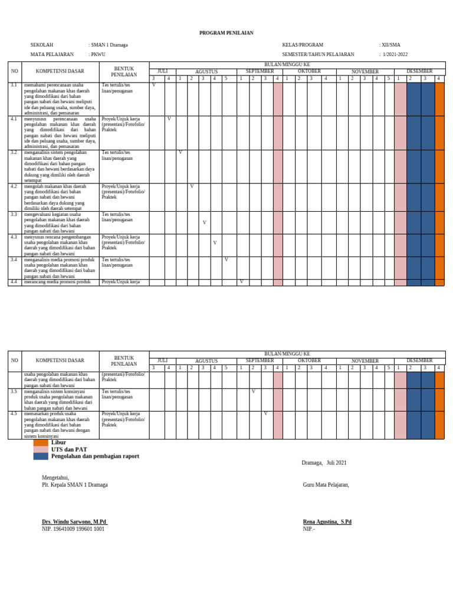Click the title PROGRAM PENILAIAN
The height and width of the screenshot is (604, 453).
pyautogui.click(x=226, y=33)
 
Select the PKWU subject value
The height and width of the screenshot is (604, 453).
pyautogui.click(x=98, y=54)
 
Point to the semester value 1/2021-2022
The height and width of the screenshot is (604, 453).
pyautogui.click(x=395, y=54)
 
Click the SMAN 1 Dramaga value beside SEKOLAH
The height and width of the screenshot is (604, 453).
pyautogui.click(x=109, y=45)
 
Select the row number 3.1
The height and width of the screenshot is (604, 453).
pyautogui.click(x=14, y=86)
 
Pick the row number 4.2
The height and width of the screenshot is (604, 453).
pyautogui.click(x=14, y=186)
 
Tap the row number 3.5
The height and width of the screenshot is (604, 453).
pyautogui.click(x=14, y=391)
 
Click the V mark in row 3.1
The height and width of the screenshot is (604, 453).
pyautogui.click(x=154, y=86)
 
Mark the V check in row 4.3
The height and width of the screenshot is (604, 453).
pyautogui.click(x=215, y=243)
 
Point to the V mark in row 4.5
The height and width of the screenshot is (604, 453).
pyautogui.click(x=265, y=413)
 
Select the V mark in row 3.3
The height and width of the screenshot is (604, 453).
pyautogui.click(x=204, y=222)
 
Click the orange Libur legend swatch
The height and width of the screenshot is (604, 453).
pyautogui.click(x=41, y=442)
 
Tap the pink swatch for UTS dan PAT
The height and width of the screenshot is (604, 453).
pyautogui.click(x=41, y=449)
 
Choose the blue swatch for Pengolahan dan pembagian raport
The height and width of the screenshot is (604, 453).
pyautogui.click(x=41, y=457)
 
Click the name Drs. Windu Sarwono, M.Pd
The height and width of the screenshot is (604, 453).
pyautogui.click(x=74, y=522)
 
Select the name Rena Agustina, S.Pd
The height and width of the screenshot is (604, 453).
pyautogui.click(x=327, y=522)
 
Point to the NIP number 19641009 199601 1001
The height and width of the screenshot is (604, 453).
pyautogui.click(x=73, y=529)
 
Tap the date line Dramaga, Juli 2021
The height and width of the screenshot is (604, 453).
pyautogui.click(x=324, y=463)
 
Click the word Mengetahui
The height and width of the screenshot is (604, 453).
pyautogui.click(x=55, y=478)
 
